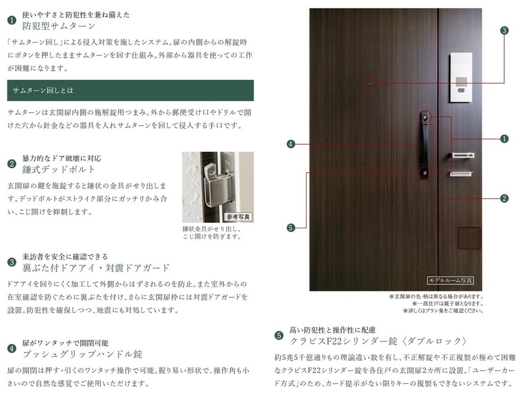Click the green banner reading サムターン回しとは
130,90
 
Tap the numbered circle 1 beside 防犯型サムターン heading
12,20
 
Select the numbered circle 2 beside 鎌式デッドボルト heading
12,164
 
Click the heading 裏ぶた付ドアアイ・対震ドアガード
96,267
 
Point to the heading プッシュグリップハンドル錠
82,354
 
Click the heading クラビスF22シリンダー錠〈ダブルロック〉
379,341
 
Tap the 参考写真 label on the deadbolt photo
238,217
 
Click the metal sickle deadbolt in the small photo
216,183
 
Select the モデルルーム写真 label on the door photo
450,280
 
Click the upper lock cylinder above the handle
425,117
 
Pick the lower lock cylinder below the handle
425,173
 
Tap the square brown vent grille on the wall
469,238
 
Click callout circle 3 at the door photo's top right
505,31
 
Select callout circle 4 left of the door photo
291,144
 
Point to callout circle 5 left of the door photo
291,228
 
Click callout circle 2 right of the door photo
505,198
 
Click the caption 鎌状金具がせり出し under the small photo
212,229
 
